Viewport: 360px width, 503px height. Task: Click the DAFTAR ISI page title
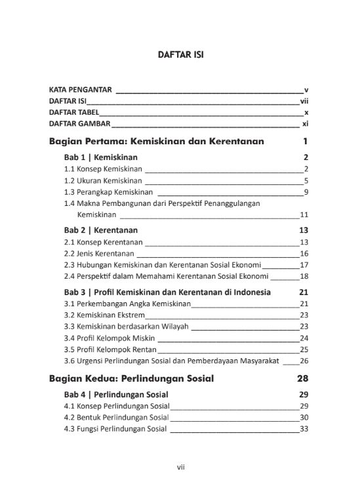180,55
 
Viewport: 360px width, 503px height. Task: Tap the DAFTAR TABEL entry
75,112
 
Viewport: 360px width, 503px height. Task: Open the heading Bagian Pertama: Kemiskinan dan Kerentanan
157,141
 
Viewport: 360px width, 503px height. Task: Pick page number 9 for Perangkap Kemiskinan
306,192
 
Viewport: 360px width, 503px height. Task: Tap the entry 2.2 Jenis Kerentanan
99,253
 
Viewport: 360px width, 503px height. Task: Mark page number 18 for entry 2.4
304,276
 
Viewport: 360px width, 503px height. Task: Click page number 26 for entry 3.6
304,361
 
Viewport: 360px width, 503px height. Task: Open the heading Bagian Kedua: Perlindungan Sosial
131,378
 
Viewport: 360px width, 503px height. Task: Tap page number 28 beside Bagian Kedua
302,378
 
